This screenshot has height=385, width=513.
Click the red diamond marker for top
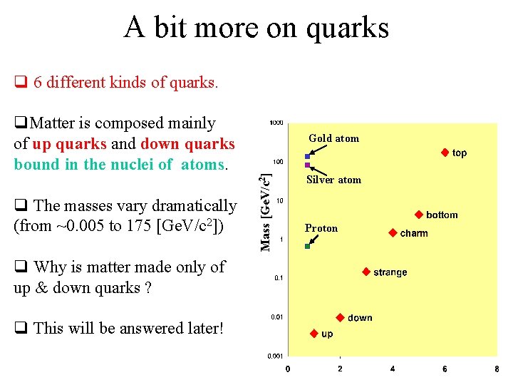click(x=444, y=153)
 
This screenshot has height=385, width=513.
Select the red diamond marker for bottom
click(x=419, y=215)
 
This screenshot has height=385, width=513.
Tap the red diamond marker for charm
click(x=393, y=233)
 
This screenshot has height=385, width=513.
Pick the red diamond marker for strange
click(x=366, y=272)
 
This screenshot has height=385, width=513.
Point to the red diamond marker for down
click(x=340, y=317)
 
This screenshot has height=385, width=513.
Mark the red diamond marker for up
click(x=313, y=334)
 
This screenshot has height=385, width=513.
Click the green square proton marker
click(x=307, y=246)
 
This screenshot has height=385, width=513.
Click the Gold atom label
click(x=333, y=138)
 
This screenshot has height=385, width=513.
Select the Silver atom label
click(x=333, y=180)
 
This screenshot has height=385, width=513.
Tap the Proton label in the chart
click(x=321, y=228)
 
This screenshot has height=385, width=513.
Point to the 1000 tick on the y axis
click(x=276, y=123)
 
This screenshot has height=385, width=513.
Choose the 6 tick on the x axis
click(x=445, y=369)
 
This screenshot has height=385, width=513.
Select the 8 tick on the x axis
click(x=497, y=369)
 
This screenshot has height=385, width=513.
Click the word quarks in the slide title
click(x=350, y=29)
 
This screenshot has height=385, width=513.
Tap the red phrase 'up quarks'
click(x=70, y=144)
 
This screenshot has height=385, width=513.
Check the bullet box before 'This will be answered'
click(x=20, y=329)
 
